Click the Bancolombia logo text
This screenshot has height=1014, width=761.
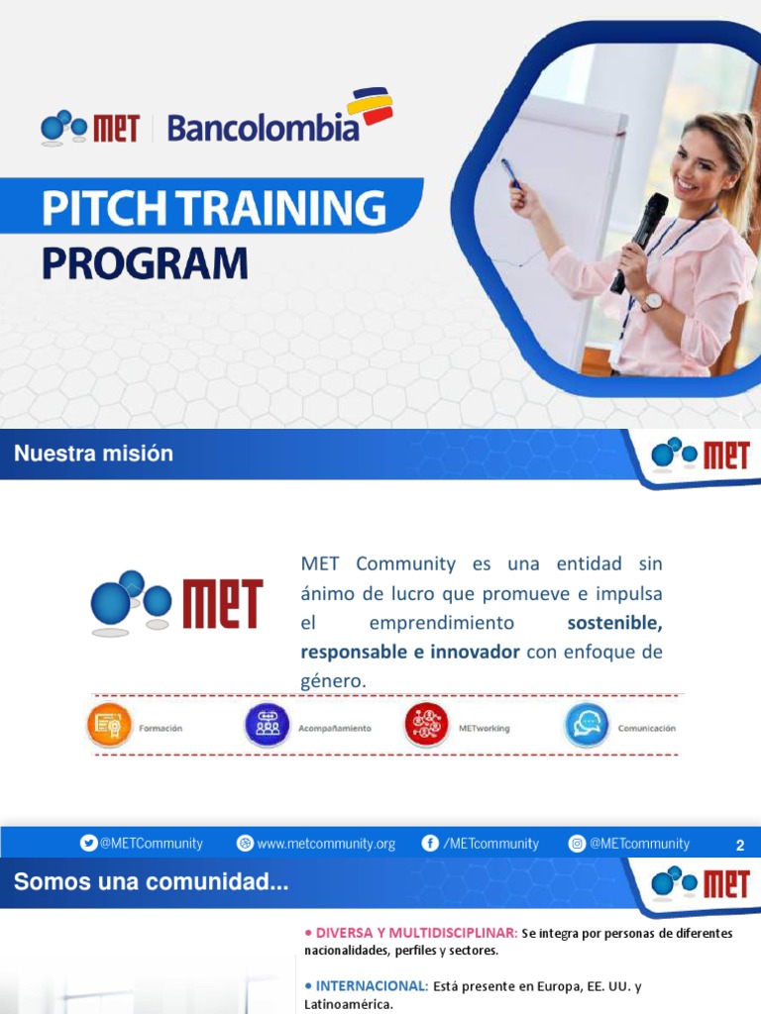(263, 128)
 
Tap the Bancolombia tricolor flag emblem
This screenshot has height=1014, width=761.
(370, 107)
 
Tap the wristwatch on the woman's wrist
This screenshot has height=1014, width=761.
(651, 301)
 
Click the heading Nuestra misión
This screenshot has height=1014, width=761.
(93, 454)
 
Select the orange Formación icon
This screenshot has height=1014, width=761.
(108, 726)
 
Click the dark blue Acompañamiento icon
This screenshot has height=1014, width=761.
(268, 726)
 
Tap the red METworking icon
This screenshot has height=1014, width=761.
(427, 726)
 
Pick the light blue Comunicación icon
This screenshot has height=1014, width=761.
(587, 726)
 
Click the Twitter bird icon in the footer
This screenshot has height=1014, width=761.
(89, 844)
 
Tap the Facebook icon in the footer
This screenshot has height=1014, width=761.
(430, 844)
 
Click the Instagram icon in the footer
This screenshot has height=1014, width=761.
(577, 844)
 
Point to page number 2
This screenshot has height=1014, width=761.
(739, 846)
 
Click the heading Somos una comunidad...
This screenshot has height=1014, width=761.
(151, 882)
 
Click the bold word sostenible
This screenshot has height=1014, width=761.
(614, 623)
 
